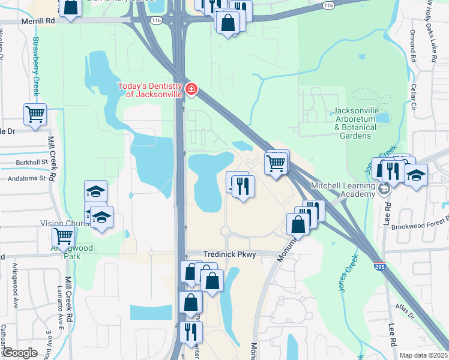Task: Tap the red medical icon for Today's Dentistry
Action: tap(191, 89)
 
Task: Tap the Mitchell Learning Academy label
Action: tap(342, 190)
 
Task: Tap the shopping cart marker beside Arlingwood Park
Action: tap(63, 236)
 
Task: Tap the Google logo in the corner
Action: tap(19, 353)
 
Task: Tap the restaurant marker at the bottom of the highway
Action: tap(190, 331)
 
